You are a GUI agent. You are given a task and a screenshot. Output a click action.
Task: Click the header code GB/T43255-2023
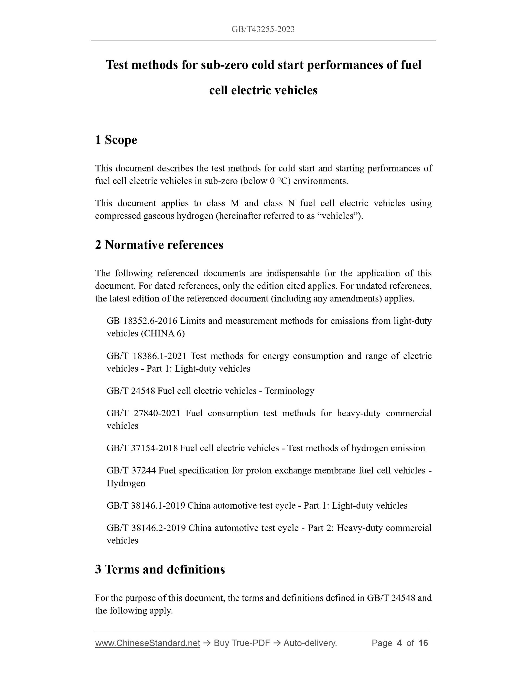pyautogui.click(x=263, y=29)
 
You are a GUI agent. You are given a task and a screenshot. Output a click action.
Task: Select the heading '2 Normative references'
pyautogui.click(x=159, y=245)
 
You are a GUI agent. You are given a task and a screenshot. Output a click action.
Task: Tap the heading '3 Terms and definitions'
pyautogui.click(x=160, y=569)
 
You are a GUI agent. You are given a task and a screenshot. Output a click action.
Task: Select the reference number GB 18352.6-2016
pyautogui.click(x=142, y=321)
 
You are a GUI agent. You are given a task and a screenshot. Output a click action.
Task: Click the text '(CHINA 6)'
pyautogui.click(x=163, y=333)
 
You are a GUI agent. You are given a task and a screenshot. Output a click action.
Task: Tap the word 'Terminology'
pyautogui.click(x=289, y=391)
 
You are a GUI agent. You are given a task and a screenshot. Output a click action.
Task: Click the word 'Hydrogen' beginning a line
pyautogui.click(x=126, y=483)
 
